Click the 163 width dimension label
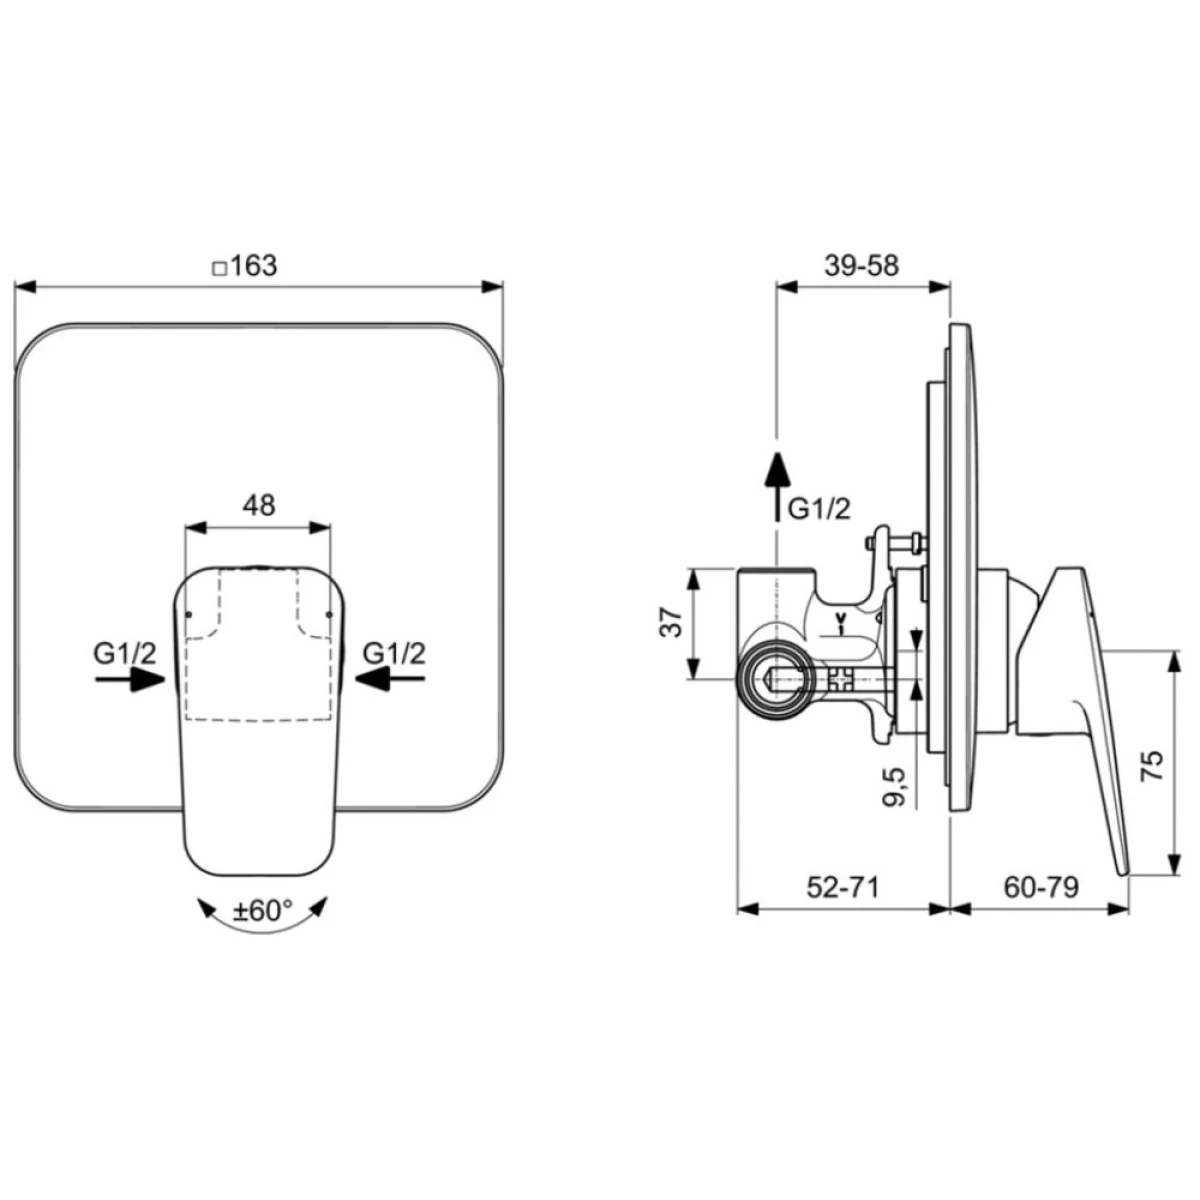tap(254, 267)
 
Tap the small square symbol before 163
tap(219, 269)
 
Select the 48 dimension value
tap(258, 505)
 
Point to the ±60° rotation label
tap(261, 911)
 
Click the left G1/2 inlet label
tap(125, 653)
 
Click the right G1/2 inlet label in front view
tap(394, 653)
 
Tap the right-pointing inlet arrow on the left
tap(130, 679)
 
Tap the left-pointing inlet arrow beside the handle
tap(390, 679)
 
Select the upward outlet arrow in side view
tap(777, 486)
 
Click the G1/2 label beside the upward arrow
tap(819, 510)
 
